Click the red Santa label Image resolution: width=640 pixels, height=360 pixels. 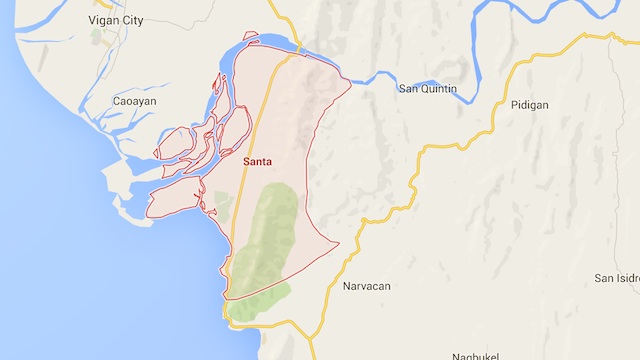point(259,160)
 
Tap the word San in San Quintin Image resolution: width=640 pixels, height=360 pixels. point(408,89)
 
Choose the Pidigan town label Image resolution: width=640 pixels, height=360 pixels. point(529,105)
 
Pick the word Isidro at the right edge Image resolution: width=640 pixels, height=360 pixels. point(628,277)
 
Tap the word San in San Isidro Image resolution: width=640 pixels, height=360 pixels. point(604,277)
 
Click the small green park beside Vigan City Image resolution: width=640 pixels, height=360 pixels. point(97,37)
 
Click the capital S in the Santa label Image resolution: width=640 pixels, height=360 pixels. point(246,160)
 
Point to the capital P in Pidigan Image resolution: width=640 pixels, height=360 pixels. point(513,105)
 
